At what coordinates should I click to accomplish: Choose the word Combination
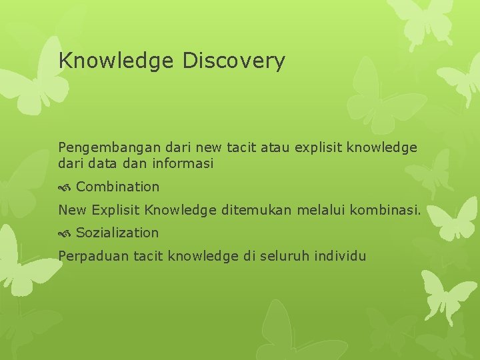point(118,187)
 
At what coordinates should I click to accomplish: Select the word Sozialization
point(117,233)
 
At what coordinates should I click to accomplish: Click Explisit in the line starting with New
point(117,210)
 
